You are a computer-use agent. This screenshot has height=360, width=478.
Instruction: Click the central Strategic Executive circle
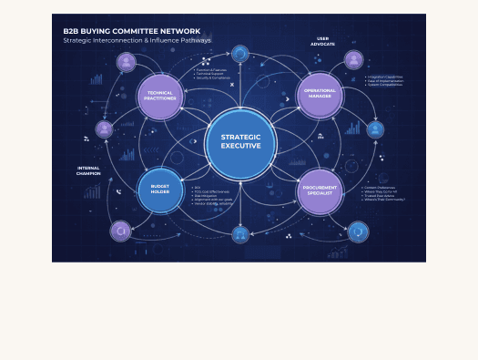240,142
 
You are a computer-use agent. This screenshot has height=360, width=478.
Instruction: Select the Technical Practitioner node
160,95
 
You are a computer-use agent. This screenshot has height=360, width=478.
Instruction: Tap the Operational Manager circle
320,95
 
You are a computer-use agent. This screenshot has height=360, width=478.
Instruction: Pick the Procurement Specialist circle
320,190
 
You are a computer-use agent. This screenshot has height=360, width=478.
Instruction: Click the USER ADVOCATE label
321,41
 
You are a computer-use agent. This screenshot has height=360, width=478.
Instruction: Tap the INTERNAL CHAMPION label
89,170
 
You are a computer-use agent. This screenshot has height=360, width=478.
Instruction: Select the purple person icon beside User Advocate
354,60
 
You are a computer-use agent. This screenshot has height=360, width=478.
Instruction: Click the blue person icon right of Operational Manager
375,129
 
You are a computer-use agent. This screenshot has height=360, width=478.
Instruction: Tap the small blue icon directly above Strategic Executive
240,55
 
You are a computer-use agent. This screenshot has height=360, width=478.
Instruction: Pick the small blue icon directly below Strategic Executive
240,234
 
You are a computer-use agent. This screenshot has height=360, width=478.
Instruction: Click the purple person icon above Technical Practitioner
127,62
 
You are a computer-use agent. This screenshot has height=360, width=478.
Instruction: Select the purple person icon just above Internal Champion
105,129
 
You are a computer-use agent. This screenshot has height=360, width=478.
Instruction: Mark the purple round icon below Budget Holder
120,231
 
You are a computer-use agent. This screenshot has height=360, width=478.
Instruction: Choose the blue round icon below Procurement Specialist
359,231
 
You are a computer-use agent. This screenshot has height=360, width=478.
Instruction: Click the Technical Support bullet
211,74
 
